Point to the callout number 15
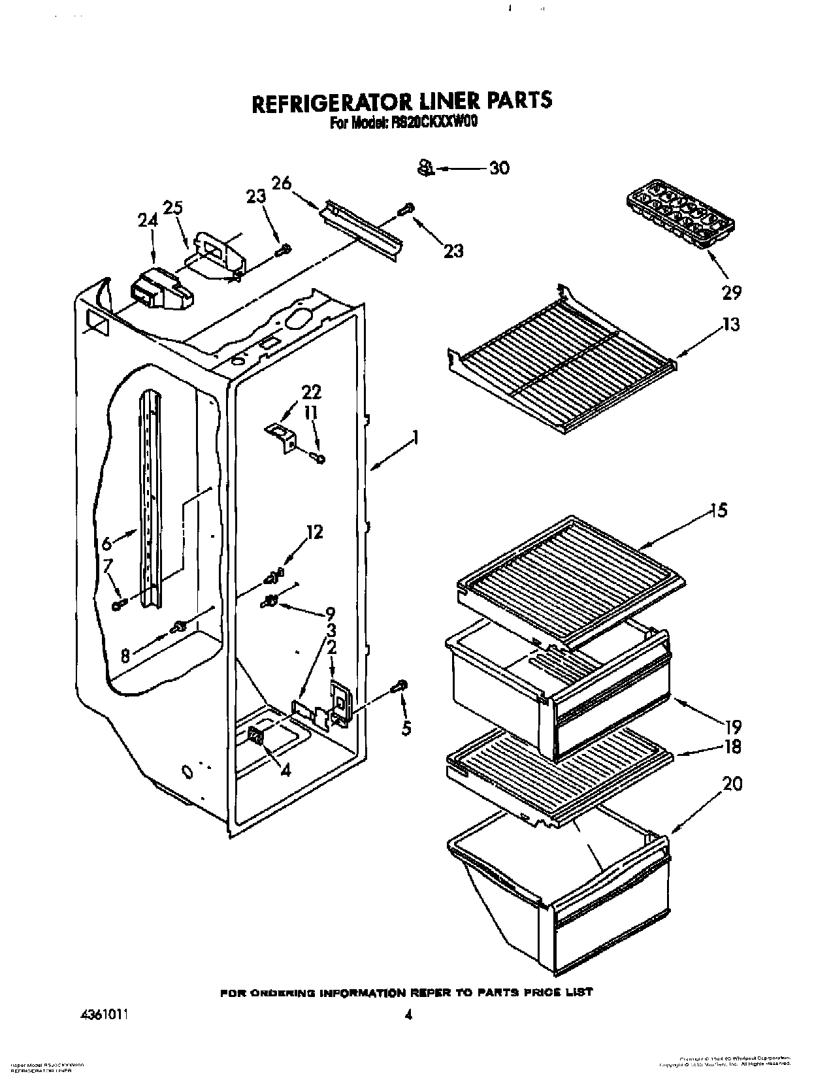(x=719, y=510)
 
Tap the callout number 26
(x=282, y=184)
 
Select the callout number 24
(x=148, y=221)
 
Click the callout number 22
(x=311, y=393)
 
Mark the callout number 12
(x=314, y=532)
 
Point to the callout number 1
(x=414, y=437)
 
